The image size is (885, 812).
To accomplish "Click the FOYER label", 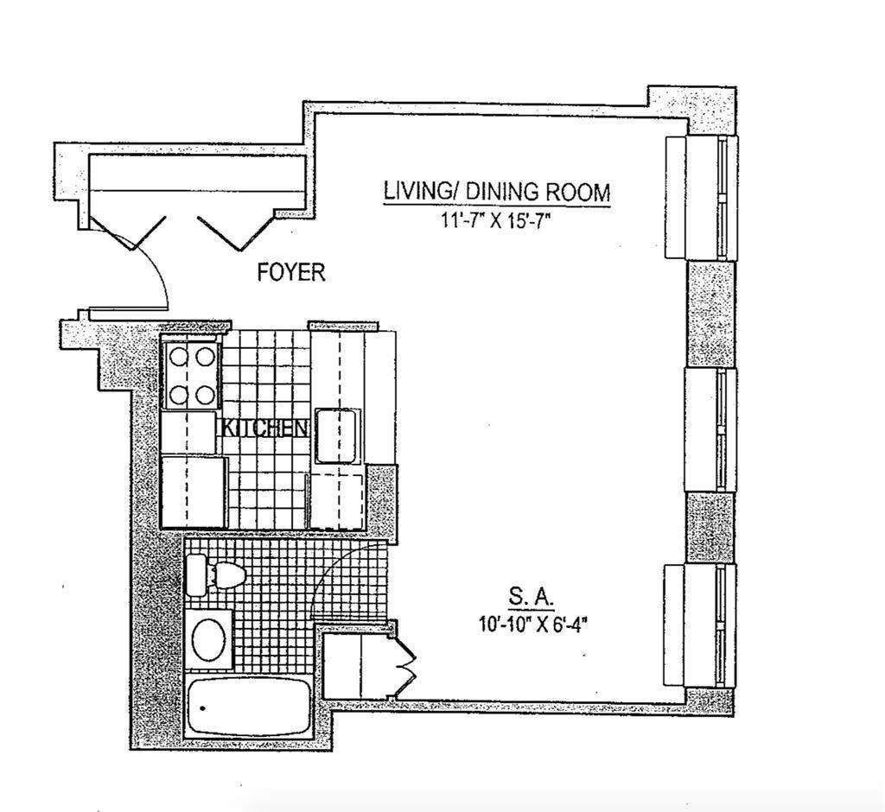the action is pyautogui.click(x=291, y=273).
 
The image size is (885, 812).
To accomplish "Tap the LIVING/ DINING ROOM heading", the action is pyautogui.click(x=497, y=192).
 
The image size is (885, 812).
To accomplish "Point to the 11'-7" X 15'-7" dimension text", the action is pyautogui.click(x=495, y=220).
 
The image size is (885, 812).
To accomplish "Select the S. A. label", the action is pyautogui.click(x=532, y=598).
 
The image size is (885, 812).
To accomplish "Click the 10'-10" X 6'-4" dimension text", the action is pyautogui.click(x=533, y=625).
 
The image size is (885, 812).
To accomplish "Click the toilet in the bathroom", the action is pyautogui.click(x=216, y=574).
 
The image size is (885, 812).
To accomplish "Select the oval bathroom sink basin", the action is pyautogui.click(x=209, y=638).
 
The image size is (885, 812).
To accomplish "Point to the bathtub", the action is pyautogui.click(x=248, y=706).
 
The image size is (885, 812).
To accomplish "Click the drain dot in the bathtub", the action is pyautogui.click(x=202, y=708).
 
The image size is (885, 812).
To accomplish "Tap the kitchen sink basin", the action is pyautogui.click(x=337, y=436).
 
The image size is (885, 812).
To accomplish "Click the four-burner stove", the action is pyautogui.click(x=191, y=375).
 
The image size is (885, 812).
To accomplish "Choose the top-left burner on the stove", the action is pyautogui.click(x=179, y=357).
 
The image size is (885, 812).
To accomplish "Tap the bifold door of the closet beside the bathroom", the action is pyautogui.click(x=405, y=661).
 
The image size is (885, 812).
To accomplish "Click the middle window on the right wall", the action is pyautogui.click(x=710, y=429).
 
